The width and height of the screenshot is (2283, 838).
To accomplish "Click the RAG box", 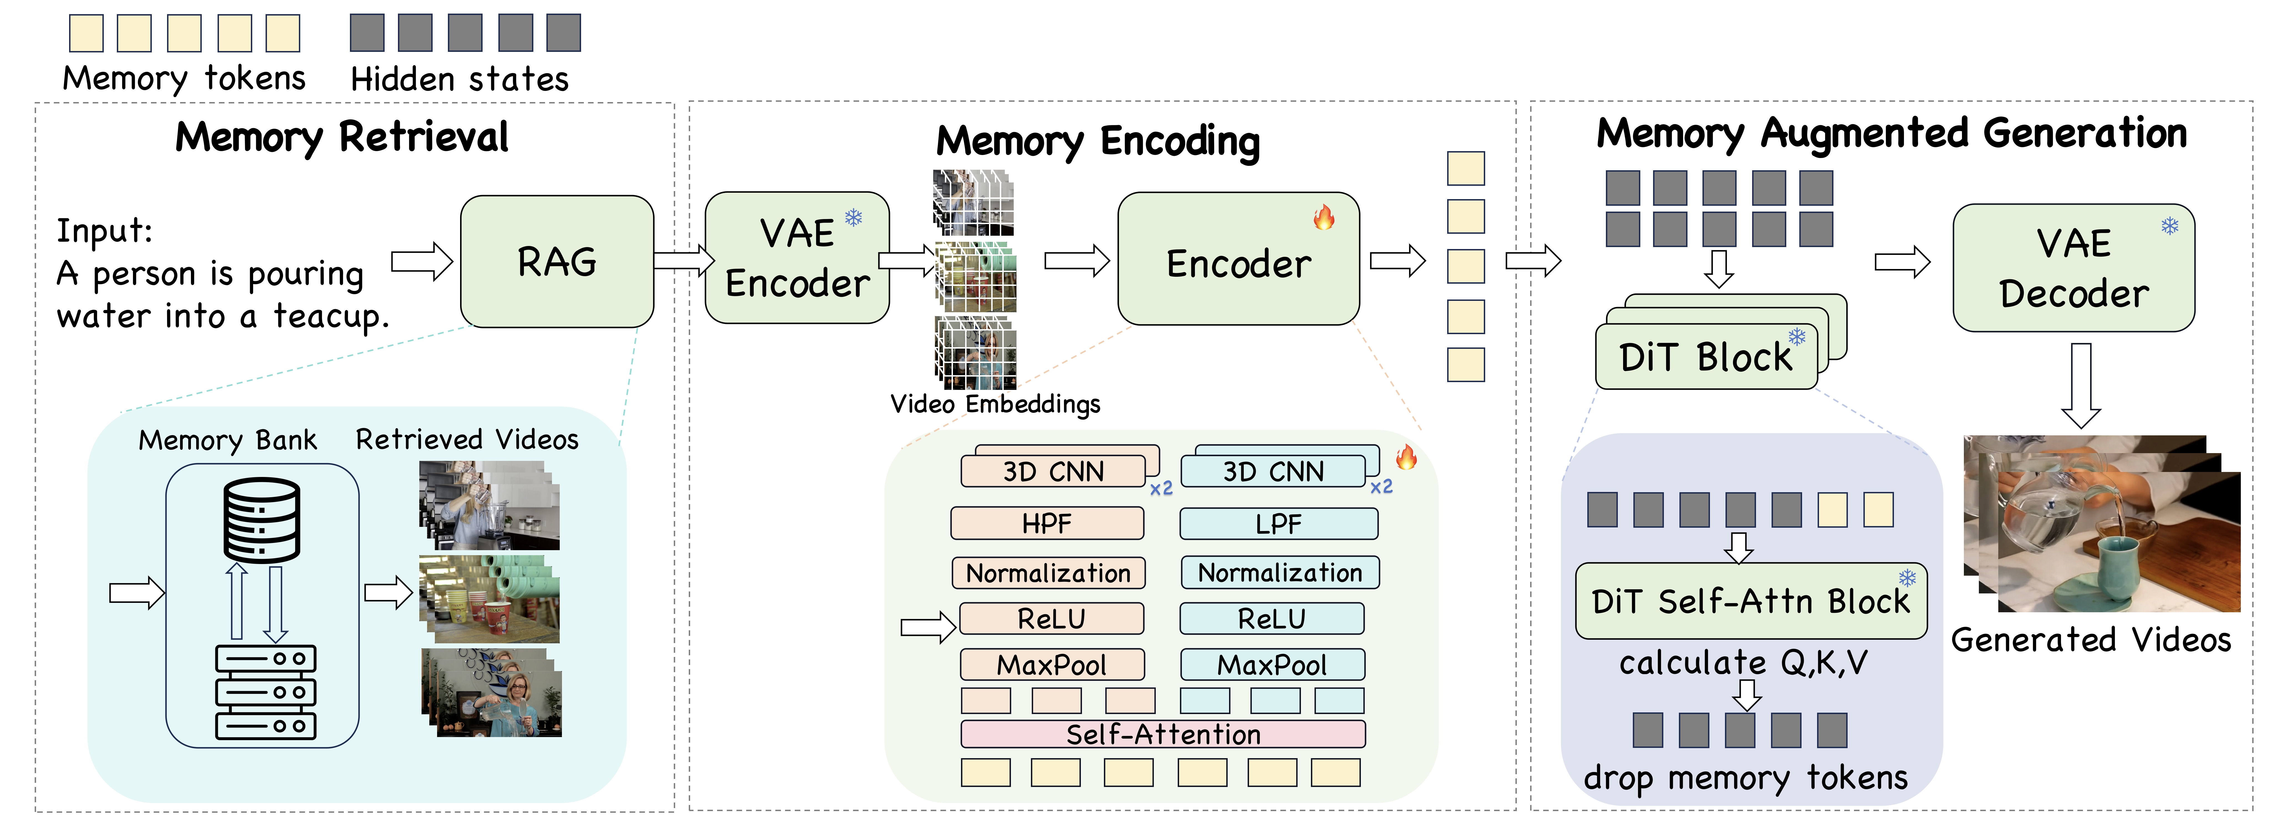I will (557, 261).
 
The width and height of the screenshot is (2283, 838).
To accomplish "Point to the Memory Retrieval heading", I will (342, 137).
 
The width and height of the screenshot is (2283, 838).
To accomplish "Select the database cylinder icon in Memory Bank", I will (261, 520).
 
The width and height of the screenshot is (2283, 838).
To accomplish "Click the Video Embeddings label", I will (994, 404).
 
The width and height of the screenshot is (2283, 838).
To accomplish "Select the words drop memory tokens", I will (1745, 778).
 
